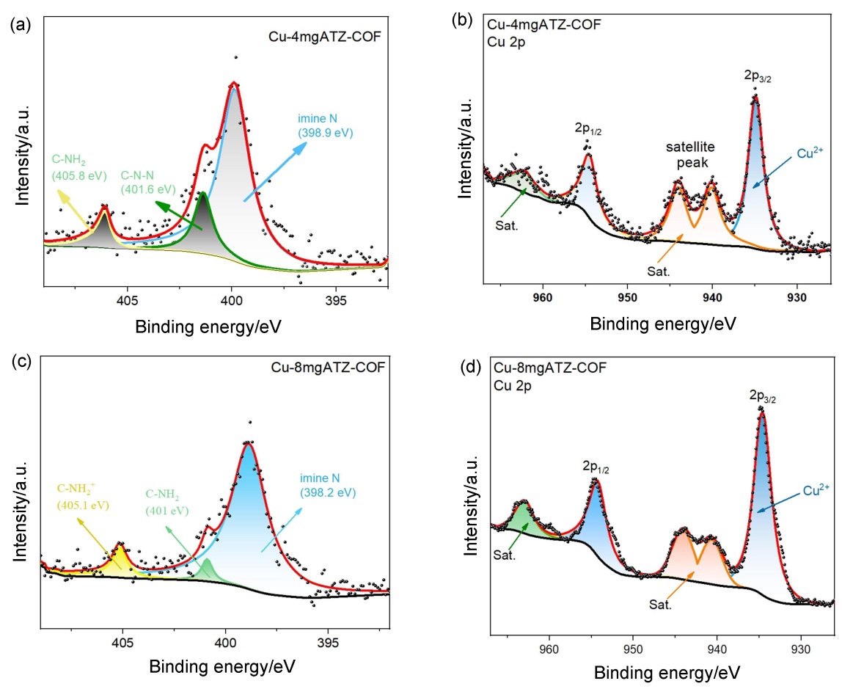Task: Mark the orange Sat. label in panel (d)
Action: click(660, 606)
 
